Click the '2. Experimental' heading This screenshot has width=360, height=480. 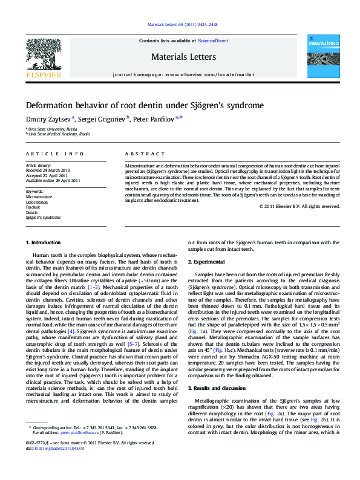point(209,262)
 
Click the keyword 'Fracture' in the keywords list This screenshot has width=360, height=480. point(34,207)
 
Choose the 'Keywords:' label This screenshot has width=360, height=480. point(35,192)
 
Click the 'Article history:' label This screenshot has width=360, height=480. point(38,164)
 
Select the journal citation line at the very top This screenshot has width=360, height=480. point(182,25)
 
